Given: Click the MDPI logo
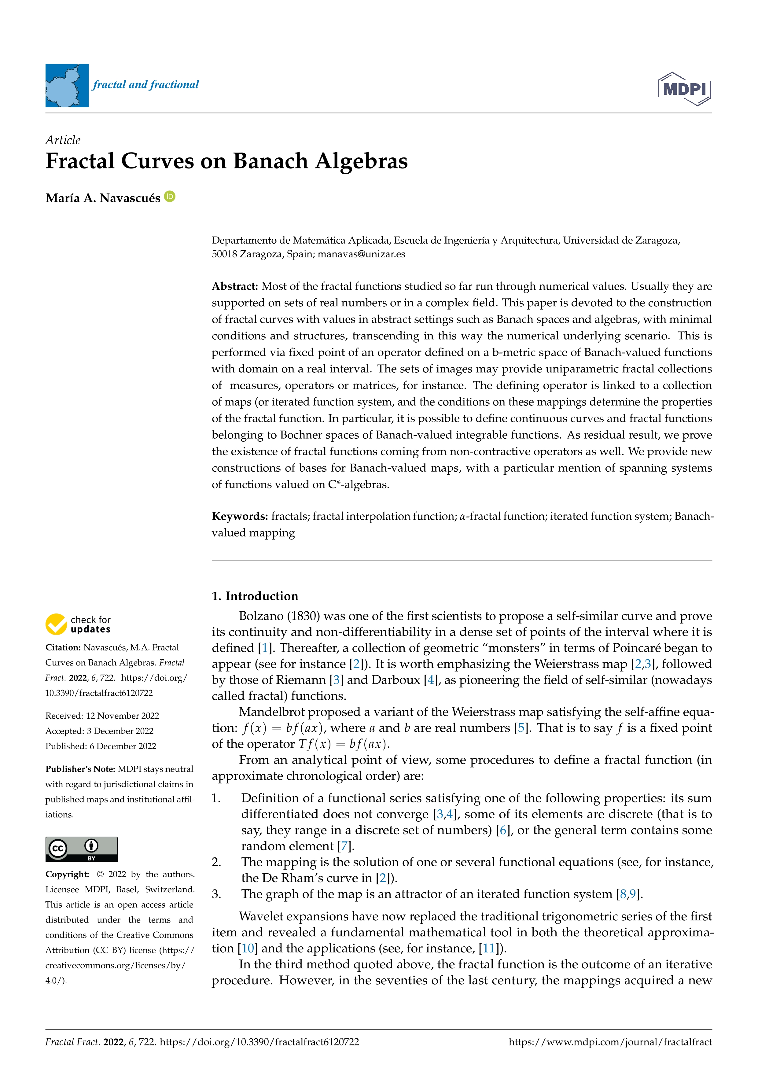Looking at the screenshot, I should coord(684,89).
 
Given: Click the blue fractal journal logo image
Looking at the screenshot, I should coord(67,86).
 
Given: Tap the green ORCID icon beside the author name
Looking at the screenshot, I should coord(170,197).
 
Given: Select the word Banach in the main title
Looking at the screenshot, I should coord(270,161).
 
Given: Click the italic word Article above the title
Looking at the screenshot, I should coord(63,140).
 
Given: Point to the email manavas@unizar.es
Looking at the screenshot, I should coord(361,254).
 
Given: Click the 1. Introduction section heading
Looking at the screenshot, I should coord(255,596).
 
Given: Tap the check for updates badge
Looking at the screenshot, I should coord(78,624).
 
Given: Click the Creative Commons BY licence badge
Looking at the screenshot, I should coord(81,849).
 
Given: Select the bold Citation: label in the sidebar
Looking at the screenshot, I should coord(63,648).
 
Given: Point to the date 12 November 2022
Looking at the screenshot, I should coord(122,716).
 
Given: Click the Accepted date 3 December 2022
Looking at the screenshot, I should coord(120,731).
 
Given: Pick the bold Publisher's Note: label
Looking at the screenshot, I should coord(80,769).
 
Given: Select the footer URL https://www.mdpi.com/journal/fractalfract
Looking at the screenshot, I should coord(610,1042).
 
